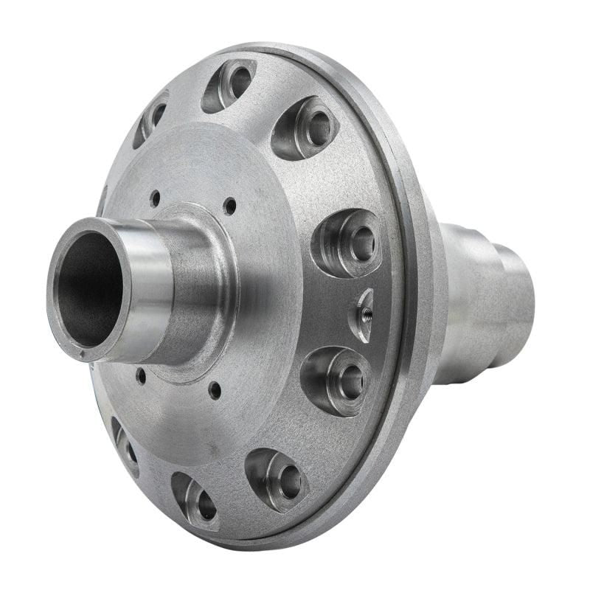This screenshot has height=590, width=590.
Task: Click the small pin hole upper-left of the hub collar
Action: (155, 198)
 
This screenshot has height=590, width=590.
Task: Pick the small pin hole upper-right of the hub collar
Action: (230, 206)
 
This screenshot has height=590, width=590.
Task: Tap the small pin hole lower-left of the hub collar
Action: (140, 376)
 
